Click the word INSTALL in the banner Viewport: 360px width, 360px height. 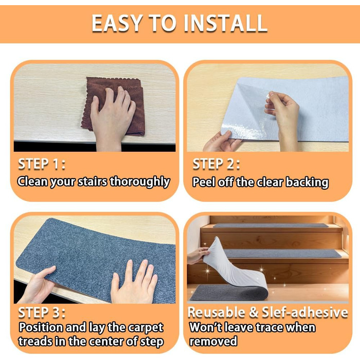(225, 23)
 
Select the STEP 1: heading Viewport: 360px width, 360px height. (42, 164)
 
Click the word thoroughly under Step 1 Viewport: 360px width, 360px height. (140, 182)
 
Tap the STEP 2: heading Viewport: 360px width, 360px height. (216, 165)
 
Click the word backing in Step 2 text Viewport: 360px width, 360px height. (307, 182)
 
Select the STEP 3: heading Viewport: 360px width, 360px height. (42, 313)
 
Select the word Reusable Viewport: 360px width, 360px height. (217, 313)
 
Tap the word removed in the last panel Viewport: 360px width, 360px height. (213, 341)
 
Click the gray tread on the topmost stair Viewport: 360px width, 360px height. (271, 225)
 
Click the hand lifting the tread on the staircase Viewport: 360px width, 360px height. (198, 255)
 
